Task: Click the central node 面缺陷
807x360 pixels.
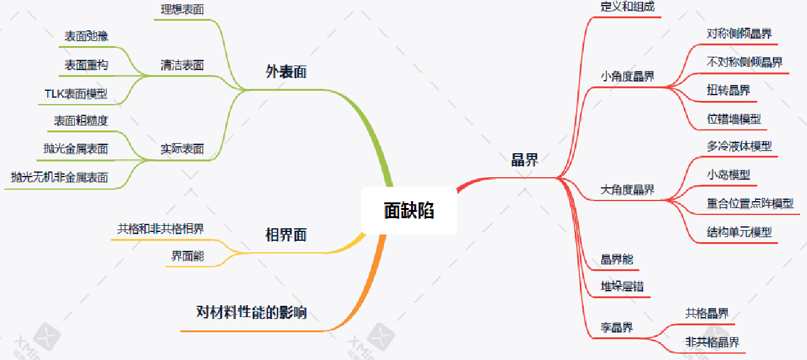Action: [x=409, y=211]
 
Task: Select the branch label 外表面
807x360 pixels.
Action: [x=286, y=72]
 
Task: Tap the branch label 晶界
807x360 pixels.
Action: [x=524, y=160]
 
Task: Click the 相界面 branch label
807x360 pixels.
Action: [x=286, y=236]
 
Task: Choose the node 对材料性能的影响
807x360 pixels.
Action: [x=252, y=312]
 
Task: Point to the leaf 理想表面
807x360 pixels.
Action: [x=182, y=9]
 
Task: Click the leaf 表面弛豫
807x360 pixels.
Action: [x=86, y=37]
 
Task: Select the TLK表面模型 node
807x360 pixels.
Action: [x=76, y=94]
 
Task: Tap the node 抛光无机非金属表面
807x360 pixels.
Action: [x=59, y=178]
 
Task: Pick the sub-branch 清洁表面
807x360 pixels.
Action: [x=182, y=65]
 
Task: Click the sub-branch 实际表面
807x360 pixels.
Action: [x=182, y=149]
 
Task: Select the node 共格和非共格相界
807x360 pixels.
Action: [x=160, y=229]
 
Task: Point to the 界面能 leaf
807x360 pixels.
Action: [x=187, y=256]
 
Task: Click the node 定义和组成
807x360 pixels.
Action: [x=627, y=7]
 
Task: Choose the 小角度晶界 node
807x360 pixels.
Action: [x=627, y=77]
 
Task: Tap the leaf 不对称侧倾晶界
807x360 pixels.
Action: [x=745, y=62]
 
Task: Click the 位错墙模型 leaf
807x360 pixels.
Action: [x=734, y=119]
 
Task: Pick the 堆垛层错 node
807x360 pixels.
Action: [x=622, y=287]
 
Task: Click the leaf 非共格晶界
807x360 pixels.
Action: [x=712, y=342]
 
